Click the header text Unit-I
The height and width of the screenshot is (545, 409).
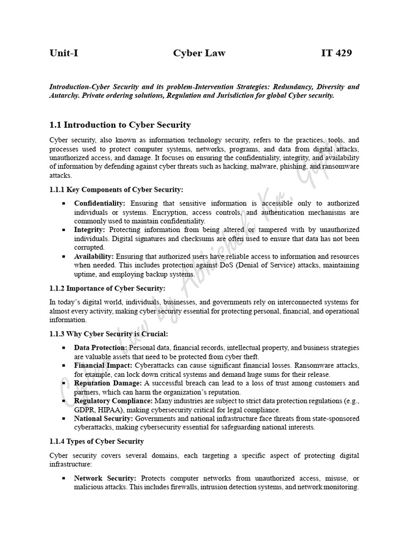click(x=64, y=53)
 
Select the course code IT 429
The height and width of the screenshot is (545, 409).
click(x=336, y=53)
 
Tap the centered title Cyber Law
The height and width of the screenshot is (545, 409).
click(x=199, y=53)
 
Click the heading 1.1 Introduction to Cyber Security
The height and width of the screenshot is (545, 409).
click(x=120, y=125)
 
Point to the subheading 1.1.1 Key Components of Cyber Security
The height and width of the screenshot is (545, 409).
click(x=116, y=189)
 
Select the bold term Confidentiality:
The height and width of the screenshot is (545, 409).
click(x=100, y=203)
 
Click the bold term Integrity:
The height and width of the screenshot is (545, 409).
click(x=89, y=230)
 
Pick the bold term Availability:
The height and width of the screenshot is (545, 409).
click(x=94, y=257)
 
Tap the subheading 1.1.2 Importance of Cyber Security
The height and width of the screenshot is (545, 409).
click(x=107, y=288)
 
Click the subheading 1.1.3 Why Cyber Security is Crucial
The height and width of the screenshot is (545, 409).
click(x=109, y=334)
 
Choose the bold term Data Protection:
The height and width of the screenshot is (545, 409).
click(x=101, y=348)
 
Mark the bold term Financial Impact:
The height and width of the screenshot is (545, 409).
click(x=103, y=366)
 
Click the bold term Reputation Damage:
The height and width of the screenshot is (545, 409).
click(x=108, y=383)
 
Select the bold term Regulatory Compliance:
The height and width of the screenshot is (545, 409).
click(x=113, y=401)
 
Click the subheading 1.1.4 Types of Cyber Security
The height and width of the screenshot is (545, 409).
click(x=96, y=441)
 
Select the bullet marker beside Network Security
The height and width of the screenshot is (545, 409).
click(x=64, y=478)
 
